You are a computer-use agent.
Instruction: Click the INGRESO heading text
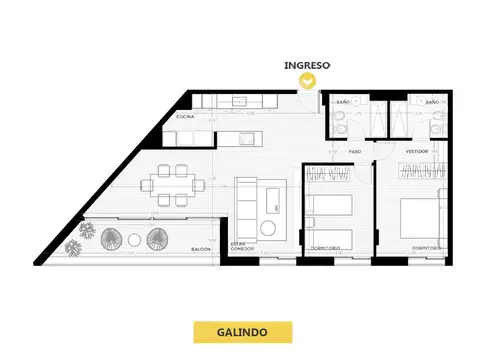click(307, 66)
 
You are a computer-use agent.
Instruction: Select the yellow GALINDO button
click(240, 331)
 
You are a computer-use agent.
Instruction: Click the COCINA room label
click(185, 117)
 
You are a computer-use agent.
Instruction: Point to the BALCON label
click(200, 250)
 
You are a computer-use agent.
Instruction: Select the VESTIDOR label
click(417, 151)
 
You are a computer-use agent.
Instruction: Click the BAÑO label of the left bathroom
click(343, 102)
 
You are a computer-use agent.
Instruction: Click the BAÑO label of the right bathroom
click(431, 102)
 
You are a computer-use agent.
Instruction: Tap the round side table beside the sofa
click(267, 229)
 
